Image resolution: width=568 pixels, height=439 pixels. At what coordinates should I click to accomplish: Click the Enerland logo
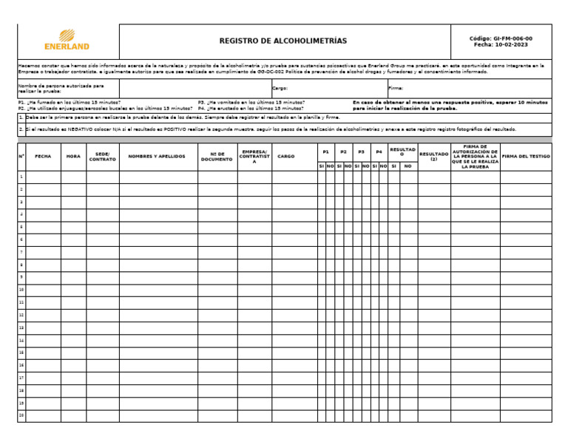point(67,40)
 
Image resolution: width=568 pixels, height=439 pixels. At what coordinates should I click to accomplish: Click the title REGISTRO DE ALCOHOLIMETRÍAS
point(283,41)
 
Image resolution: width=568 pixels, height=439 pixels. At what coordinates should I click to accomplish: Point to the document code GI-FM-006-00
point(501,38)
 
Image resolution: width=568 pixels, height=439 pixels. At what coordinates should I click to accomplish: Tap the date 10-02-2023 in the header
point(501,45)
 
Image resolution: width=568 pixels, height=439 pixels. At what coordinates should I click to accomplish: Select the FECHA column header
point(43,157)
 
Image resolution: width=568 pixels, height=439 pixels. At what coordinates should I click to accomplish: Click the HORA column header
point(73,157)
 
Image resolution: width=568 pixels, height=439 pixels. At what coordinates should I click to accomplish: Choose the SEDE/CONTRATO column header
point(102,157)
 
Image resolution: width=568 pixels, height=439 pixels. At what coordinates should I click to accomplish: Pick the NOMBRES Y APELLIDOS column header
point(157,157)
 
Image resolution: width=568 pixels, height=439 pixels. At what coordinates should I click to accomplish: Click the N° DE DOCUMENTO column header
point(217,157)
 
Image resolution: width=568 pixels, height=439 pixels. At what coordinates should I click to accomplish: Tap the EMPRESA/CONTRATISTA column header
point(254,157)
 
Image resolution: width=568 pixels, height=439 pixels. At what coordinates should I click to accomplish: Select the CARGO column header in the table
point(285,157)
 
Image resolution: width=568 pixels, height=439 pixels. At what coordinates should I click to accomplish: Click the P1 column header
point(325,152)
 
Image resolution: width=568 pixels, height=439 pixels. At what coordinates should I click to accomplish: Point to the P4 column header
point(379,152)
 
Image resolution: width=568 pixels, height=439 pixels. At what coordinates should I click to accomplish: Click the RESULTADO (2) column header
point(433,157)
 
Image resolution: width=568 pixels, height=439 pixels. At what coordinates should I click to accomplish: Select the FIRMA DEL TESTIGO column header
point(525,157)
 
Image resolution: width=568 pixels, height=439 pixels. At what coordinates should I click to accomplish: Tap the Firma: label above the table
point(396,88)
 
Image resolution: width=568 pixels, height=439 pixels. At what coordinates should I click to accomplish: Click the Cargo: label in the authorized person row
point(280,88)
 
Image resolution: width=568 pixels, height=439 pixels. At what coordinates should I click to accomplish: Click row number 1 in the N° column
point(21,177)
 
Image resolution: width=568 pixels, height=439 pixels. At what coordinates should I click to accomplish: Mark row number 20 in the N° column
point(21,415)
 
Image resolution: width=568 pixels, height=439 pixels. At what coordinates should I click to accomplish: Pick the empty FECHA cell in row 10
point(43,290)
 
